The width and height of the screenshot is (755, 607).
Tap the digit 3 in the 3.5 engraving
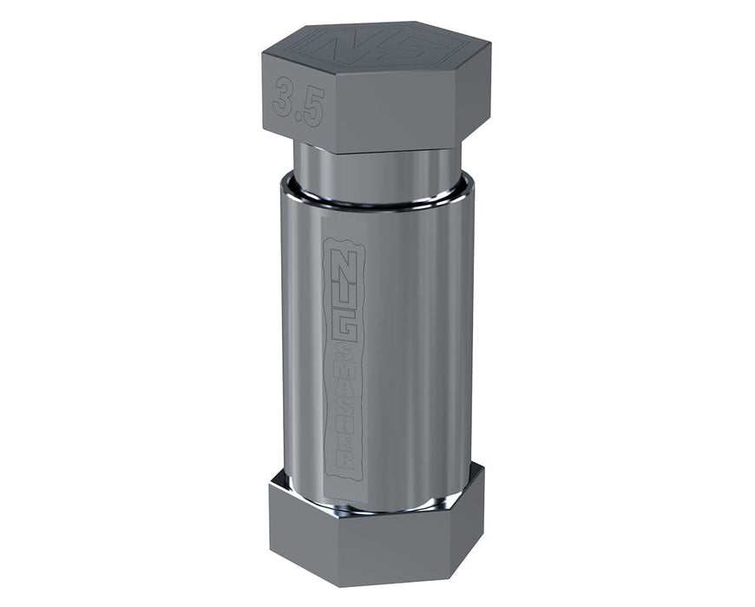pos(283,95)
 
